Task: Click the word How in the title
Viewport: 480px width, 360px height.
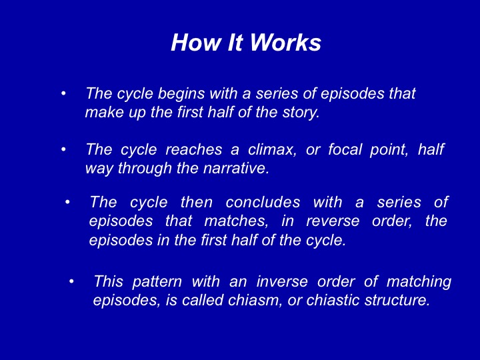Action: point(195,42)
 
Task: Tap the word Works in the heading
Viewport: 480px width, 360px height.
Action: point(285,42)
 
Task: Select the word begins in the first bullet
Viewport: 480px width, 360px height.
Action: point(181,94)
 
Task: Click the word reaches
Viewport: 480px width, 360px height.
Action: point(194,150)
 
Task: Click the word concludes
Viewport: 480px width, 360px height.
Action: point(263,203)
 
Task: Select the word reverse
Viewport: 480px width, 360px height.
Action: point(333,221)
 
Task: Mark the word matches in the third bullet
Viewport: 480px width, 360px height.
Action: point(236,221)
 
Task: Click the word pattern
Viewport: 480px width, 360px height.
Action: point(157,281)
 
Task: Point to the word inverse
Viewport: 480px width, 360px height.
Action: point(282,281)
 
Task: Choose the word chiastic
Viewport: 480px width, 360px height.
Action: point(333,300)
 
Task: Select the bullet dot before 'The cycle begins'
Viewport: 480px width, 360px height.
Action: point(63,93)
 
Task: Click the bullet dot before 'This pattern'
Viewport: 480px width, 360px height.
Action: point(71,281)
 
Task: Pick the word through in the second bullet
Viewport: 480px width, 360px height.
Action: point(145,169)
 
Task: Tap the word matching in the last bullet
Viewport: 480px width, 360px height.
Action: point(419,282)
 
